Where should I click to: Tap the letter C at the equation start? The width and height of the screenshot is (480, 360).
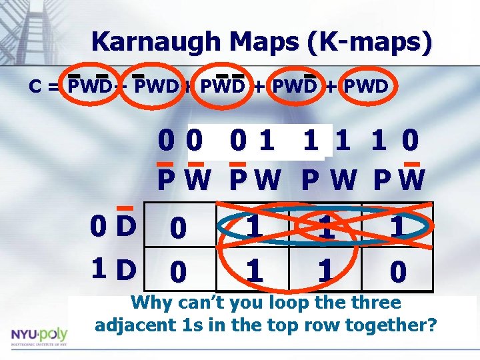click(37, 87)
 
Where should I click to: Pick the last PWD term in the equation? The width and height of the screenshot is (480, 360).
click(367, 87)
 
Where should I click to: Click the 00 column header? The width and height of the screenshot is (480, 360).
click(181, 142)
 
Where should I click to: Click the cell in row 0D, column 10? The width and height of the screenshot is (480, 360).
click(397, 227)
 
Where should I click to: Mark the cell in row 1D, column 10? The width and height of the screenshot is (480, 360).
click(397, 271)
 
